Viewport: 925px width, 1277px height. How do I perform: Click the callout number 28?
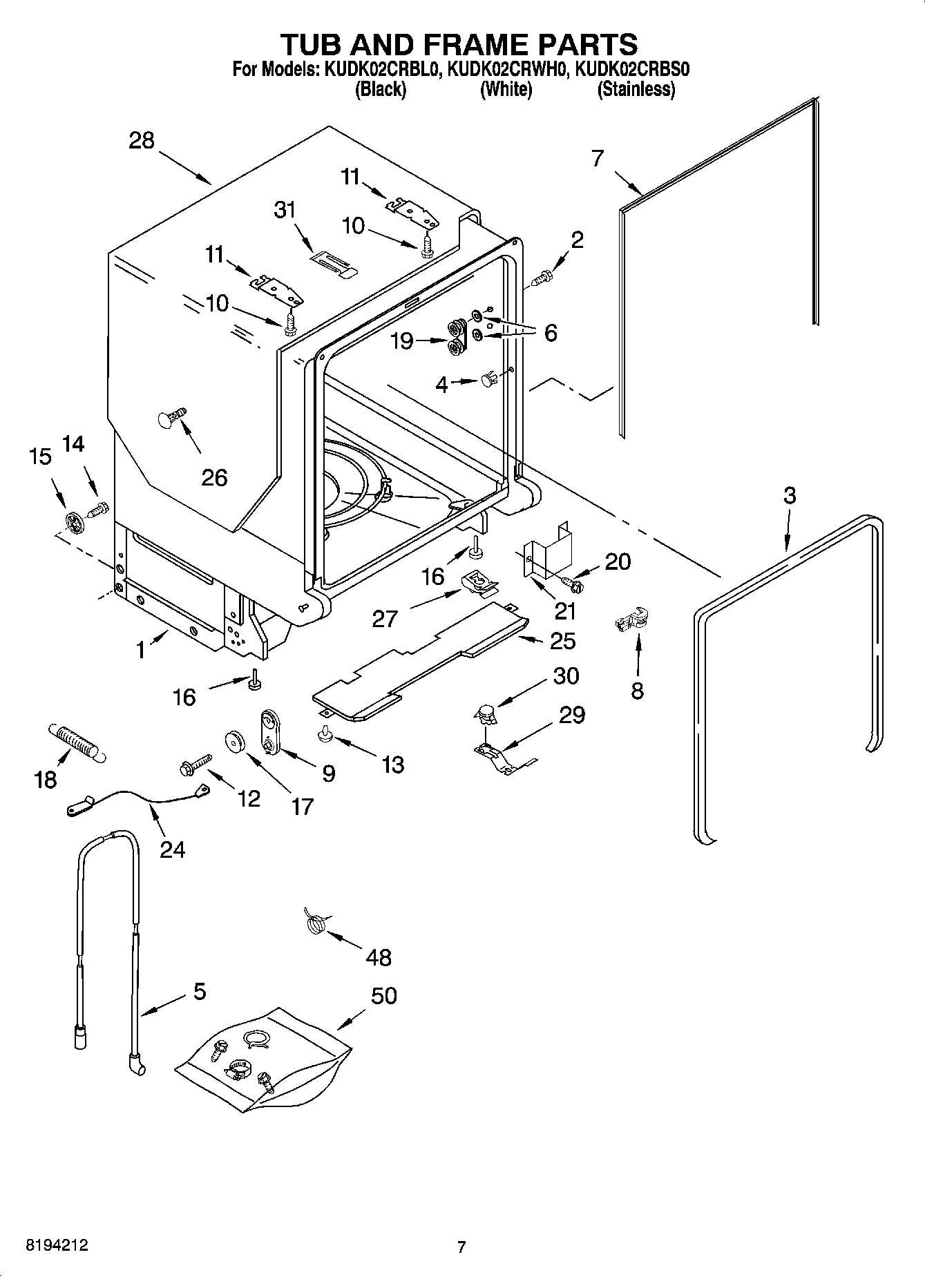(x=142, y=141)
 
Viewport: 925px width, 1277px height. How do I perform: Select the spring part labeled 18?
(x=76, y=742)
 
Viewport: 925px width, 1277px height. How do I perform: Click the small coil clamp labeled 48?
(x=315, y=923)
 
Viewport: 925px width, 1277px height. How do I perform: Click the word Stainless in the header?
(x=636, y=89)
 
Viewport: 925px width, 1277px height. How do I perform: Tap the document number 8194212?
(x=57, y=1246)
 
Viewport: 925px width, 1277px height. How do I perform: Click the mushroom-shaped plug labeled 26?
(x=171, y=419)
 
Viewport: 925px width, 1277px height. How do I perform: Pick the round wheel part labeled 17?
(x=237, y=742)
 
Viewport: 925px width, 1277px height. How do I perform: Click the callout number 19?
(x=401, y=340)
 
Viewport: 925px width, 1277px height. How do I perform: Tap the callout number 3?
(x=789, y=495)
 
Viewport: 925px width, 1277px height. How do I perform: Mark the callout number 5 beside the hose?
(x=199, y=992)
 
